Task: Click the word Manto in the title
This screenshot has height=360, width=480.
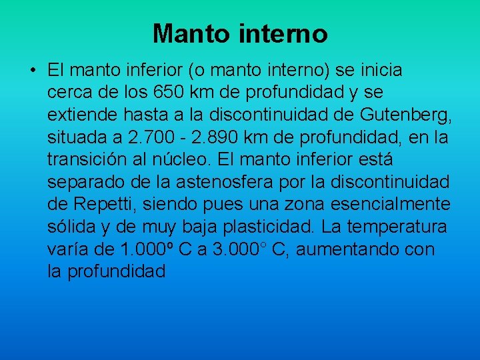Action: pyautogui.click(x=189, y=33)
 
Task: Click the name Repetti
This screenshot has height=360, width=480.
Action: pyautogui.click(x=101, y=205)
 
